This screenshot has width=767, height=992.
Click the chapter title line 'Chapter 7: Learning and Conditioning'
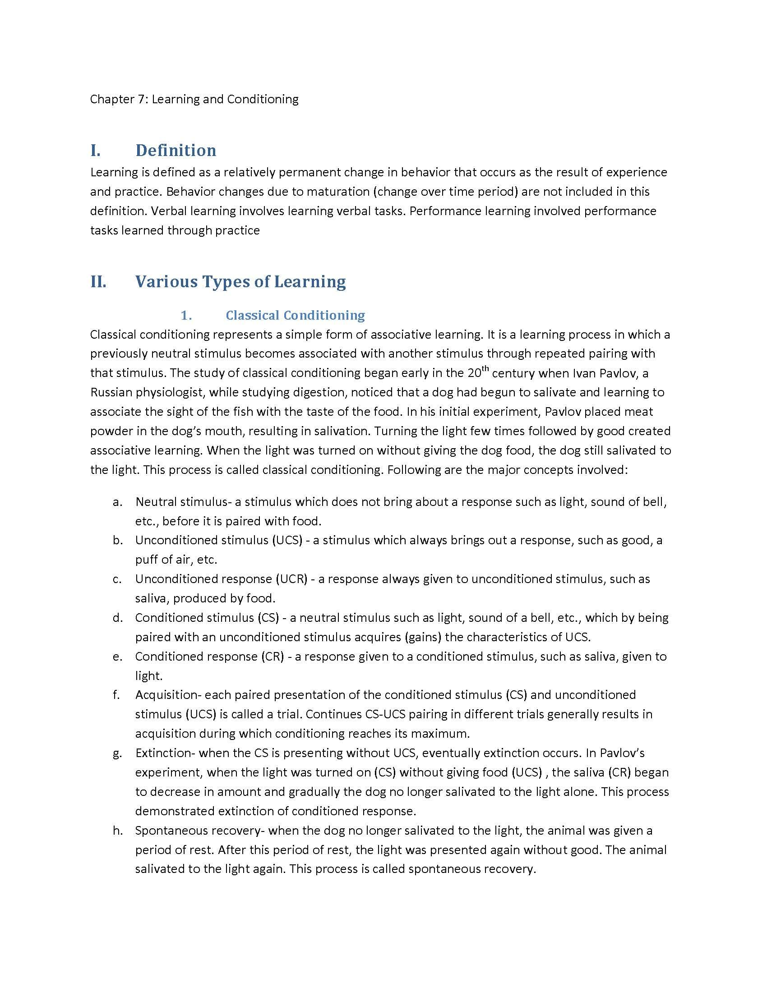pos(194,99)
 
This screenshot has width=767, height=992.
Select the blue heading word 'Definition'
pos(176,150)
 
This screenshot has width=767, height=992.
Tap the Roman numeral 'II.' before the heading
pos(98,282)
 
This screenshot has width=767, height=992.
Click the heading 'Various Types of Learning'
pos(240,282)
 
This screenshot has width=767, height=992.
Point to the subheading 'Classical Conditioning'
pos(296,315)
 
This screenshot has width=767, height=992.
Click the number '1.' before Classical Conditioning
pos(186,315)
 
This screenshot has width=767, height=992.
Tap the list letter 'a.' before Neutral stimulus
pos(118,502)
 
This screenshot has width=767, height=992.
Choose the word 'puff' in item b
pos(146,560)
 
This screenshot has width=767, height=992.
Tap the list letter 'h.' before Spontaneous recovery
pos(118,831)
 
